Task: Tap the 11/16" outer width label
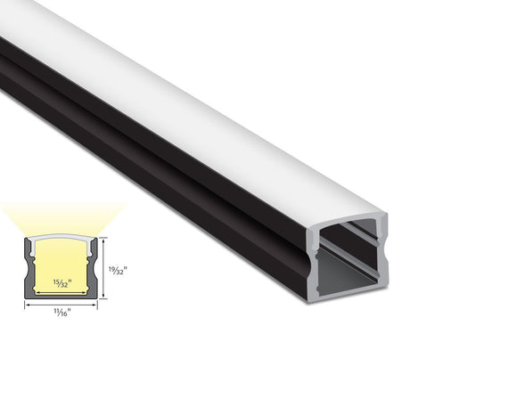click(x=61, y=313)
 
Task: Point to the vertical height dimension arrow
click(x=103, y=268)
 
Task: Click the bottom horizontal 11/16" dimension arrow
click(x=61, y=304)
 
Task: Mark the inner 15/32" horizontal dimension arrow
click(x=61, y=292)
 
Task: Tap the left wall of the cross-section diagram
click(x=28, y=267)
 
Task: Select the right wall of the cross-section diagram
click(x=94, y=267)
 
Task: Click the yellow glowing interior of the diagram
click(x=61, y=263)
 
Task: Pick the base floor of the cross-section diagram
click(x=61, y=297)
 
